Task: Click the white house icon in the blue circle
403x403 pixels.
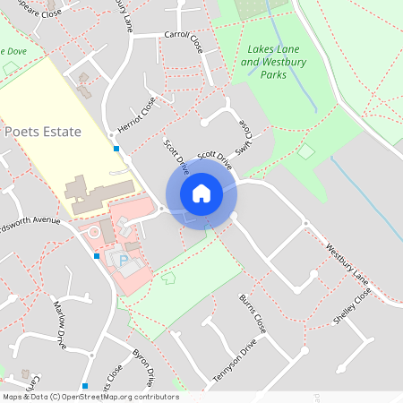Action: point(201,193)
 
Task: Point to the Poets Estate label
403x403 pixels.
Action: point(43,132)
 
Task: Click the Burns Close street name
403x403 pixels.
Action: point(253,312)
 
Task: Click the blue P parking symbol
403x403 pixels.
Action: point(123,259)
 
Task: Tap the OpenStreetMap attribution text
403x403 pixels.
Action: point(90,396)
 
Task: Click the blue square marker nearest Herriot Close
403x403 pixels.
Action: point(116,148)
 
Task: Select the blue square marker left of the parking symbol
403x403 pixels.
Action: point(97,256)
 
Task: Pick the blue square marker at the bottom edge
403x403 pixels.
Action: point(85,386)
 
